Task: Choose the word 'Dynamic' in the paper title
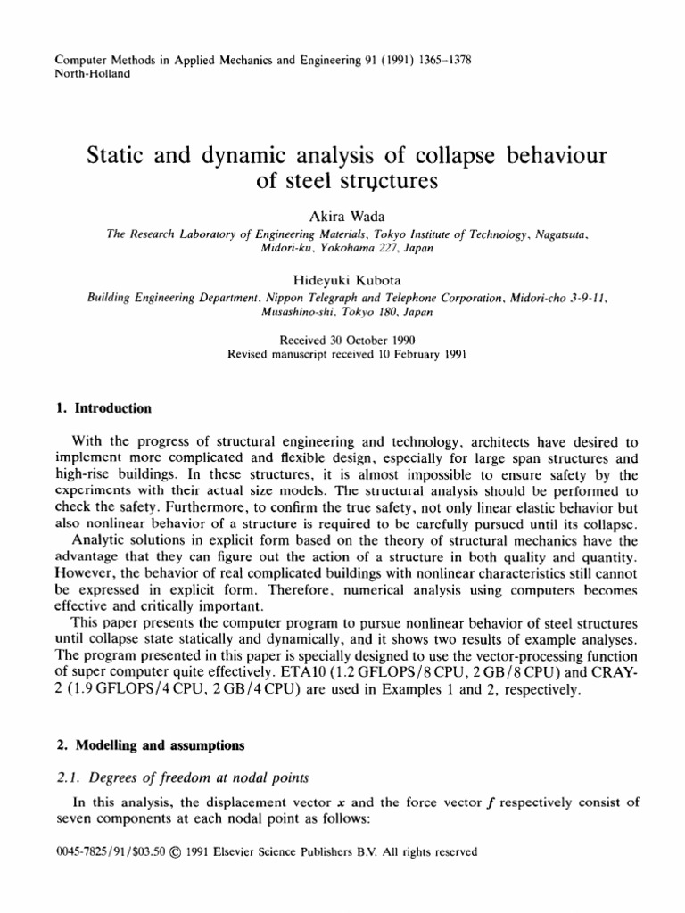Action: click(x=228, y=158)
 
